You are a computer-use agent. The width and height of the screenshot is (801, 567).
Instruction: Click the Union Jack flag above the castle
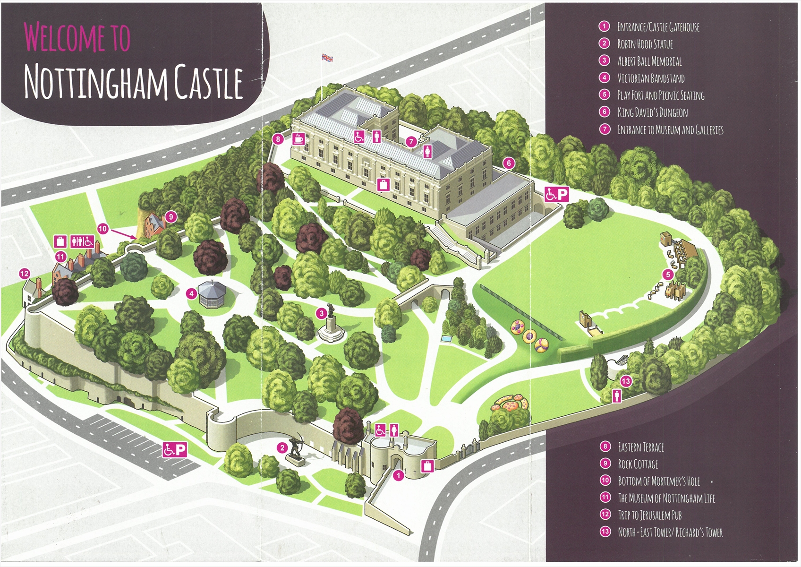327,58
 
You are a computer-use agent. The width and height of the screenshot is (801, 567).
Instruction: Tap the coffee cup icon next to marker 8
298,139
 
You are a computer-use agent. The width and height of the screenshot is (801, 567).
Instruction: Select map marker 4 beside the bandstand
191,293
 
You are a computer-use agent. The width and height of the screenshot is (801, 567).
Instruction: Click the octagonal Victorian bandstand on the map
212,294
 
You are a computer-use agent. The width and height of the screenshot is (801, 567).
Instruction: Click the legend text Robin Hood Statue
645,44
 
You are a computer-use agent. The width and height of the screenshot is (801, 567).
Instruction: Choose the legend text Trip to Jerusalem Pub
649,515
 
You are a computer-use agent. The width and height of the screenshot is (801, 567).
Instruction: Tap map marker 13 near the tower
626,381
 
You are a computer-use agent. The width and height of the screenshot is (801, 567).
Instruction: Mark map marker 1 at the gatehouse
398,475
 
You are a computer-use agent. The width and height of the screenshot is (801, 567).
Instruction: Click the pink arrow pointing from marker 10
124,233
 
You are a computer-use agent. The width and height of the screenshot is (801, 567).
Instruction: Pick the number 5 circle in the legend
605,94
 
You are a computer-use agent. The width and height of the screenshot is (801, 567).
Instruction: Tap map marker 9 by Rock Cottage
171,217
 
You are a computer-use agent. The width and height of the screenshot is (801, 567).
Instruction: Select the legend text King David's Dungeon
652,112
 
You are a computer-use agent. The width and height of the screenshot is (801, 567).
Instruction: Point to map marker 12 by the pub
25,273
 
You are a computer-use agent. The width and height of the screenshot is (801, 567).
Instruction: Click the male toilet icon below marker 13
616,395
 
